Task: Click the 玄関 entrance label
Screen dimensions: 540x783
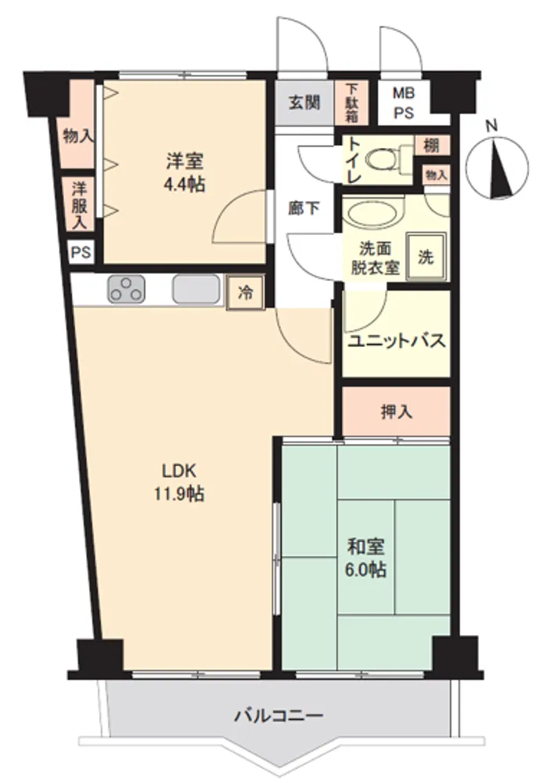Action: tap(304, 103)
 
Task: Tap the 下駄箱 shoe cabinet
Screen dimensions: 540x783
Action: tap(351, 103)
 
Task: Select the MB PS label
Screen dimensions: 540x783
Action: tap(404, 103)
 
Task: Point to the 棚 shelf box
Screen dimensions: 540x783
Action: tap(432, 146)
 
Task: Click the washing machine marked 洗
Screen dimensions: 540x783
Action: tap(426, 257)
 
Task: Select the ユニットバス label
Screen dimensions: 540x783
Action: tap(396, 341)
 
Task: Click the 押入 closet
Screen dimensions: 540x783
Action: tap(396, 411)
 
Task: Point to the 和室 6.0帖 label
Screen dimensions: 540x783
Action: tap(365, 557)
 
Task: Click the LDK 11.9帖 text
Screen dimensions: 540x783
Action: tap(179, 482)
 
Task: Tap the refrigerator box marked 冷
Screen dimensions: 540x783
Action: tap(245, 293)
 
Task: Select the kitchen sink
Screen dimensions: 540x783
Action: tap(196, 289)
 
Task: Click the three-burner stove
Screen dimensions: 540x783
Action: tap(126, 289)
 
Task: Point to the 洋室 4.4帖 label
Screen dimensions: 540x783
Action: tap(184, 173)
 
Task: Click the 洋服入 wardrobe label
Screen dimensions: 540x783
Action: tap(79, 205)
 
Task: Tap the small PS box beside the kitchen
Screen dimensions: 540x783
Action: tap(81, 252)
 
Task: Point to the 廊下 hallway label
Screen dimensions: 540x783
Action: tap(304, 208)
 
